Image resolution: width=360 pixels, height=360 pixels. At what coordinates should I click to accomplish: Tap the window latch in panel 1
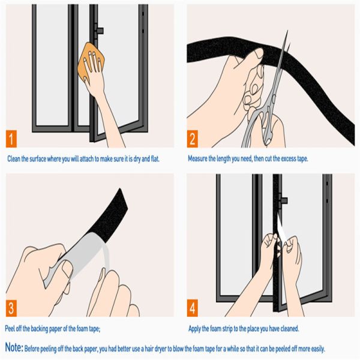99,30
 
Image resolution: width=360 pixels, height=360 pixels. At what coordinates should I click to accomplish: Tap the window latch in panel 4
283,200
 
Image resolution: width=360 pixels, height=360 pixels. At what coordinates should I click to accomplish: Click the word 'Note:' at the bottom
15,347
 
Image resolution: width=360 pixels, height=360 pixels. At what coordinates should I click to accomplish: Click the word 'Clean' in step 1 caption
14,159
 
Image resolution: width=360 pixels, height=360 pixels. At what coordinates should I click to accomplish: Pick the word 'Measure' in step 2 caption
199,159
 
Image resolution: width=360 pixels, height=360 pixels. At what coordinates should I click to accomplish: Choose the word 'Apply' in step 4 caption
196,328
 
